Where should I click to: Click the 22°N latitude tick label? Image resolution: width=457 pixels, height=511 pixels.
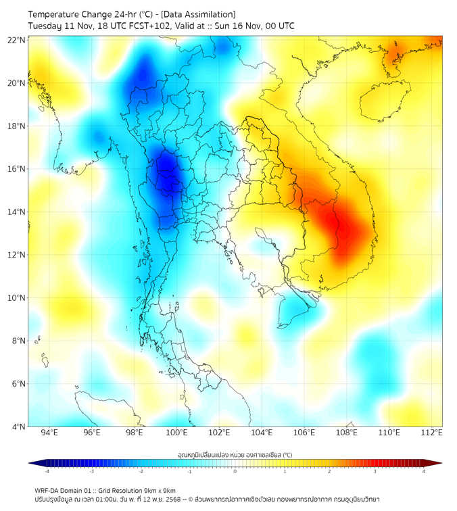(x=16, y=41)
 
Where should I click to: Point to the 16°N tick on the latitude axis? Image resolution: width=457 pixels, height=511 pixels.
(x=16, y=169)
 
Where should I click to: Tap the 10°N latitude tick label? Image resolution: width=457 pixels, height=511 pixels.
(x=16, y=298)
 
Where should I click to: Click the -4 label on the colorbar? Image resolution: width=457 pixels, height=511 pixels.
(x=46, y=472)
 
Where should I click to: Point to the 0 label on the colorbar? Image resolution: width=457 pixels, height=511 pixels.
(x=235, y=472)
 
